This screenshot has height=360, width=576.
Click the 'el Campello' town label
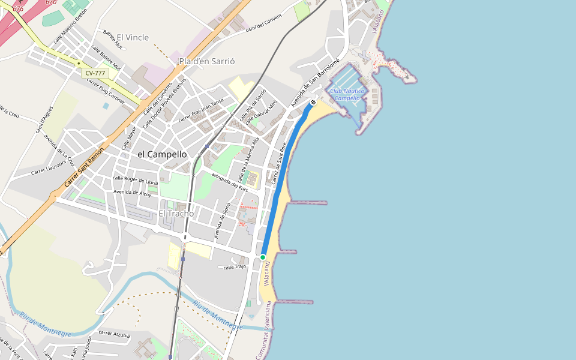pyautogui.click(x=162, y=154)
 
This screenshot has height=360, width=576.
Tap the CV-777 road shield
pyautogui.click(x=95, y=73)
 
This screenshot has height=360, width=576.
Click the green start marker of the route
pyautogui.click(x=263, y=257)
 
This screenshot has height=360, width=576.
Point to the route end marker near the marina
pyautogui.click(x=313, y=103)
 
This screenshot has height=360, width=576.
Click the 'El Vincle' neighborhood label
pyautogui.click(x=133, y=37)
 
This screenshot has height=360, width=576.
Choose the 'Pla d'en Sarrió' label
pyautogui.click(x=206, y=61)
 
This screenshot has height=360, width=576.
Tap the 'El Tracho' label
pyautogui.click(x=176, y=214)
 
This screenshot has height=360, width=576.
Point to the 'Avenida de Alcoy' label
pyautogui.click(x=133, y=193)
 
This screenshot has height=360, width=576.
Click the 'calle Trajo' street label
pyautogui.click(x=235, y=267)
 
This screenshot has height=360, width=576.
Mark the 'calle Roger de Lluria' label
pyautogui.click(x=135, y=179)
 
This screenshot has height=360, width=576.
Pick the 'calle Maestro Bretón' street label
pyautogui.click(x=71, y=31)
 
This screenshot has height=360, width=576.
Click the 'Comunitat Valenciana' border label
pyautogui.click(x=264, y=331)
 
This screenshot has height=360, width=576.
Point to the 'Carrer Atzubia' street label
pyautogui.click(x=114, y=333)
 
